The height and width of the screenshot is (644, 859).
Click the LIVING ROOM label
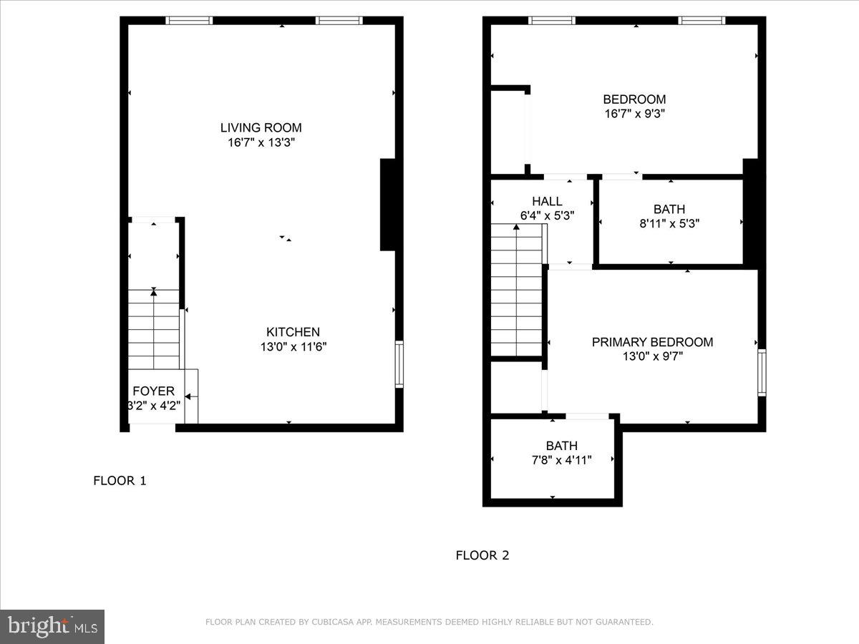pos(261,128)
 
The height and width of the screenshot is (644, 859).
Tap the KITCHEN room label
pos(293,332)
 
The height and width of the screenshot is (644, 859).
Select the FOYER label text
pos(153,391)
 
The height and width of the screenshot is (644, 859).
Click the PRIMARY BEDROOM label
pos(652,342)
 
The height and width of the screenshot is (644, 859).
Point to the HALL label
pos(547,202)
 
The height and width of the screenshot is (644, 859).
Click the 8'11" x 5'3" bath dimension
pos(669,223)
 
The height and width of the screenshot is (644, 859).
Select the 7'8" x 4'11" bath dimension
pos(561,459)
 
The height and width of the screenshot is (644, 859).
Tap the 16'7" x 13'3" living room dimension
pos(261,142)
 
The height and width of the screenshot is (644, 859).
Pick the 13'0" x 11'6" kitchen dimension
pos(293,346)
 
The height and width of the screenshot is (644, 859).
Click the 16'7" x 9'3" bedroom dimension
pos(634,113)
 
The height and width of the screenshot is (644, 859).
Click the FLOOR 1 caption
pos(120,481)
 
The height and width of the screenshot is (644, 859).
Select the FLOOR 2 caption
pos(482,555)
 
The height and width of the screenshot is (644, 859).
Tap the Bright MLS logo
pos(52,626)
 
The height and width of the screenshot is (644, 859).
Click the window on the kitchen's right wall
pos(399,364)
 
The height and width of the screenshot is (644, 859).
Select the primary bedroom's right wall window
pos(762,372)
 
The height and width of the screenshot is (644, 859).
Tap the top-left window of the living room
pos(189,21)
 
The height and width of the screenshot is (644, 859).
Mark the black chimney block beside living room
pos(387,205)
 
